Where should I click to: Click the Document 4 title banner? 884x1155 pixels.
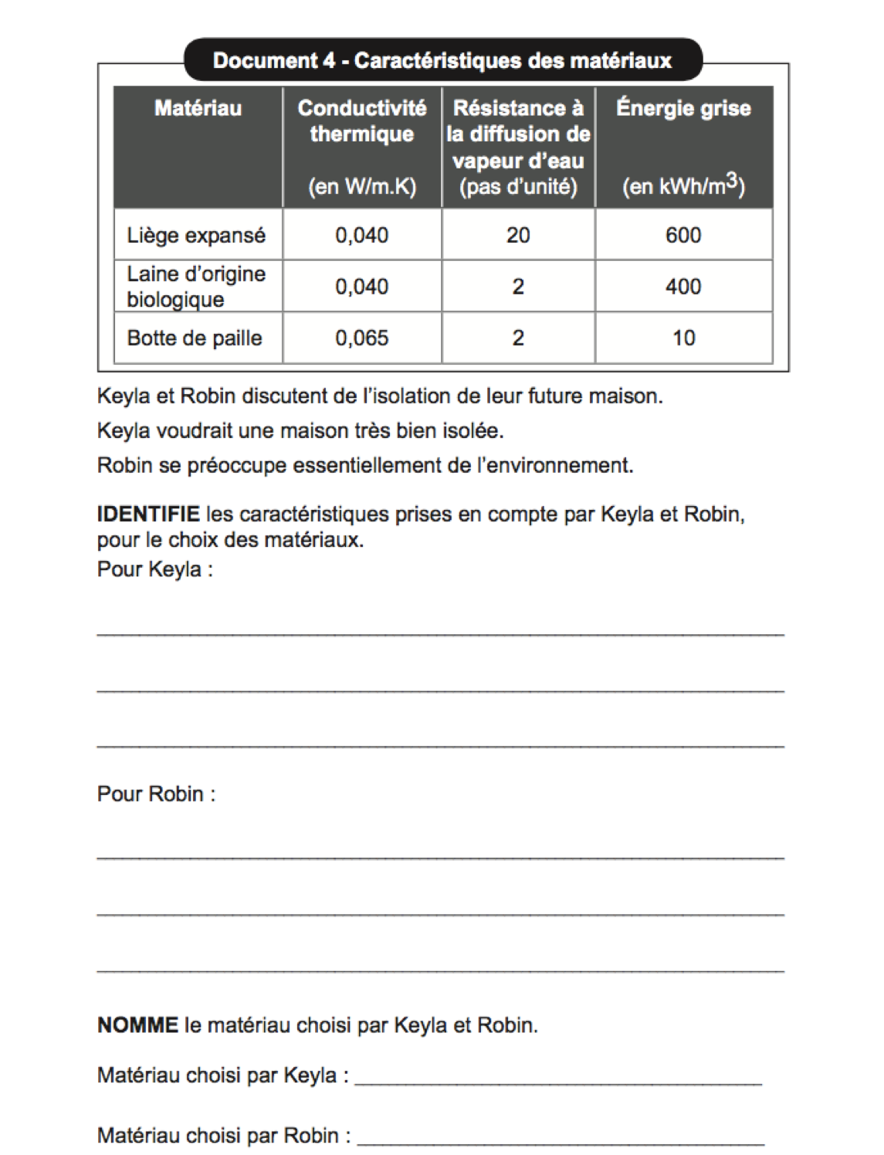click(x=442, y=60)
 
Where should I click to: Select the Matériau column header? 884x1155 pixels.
click(x=198, y=108)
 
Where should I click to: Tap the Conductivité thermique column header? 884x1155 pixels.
click(x=361, y=121)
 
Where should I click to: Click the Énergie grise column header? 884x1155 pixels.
click(x=683, y=108)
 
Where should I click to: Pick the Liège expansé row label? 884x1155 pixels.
click(x=196, y=235)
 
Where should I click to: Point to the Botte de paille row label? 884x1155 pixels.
click(x=195, y=338)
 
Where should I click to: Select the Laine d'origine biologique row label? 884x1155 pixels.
click(x=196, y=287)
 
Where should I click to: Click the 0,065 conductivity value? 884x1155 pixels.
click(x=361, y=338)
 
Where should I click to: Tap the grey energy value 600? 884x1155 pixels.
click(x=683, y=235)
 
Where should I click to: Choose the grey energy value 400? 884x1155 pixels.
click(x=683, y=287)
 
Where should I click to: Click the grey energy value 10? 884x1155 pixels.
click(x=683, y=338)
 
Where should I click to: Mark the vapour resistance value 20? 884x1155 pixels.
click(x=518, y=235)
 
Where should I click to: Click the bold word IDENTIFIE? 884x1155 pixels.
click(x=148, y=514)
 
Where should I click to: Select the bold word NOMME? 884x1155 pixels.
click(x=137, y=1025)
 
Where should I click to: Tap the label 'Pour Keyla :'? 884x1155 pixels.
click(x=154, y=569)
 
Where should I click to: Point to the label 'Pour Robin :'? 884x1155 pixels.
click(x=156, y=794)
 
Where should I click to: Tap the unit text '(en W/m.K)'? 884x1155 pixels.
click(x=361, y=187)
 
